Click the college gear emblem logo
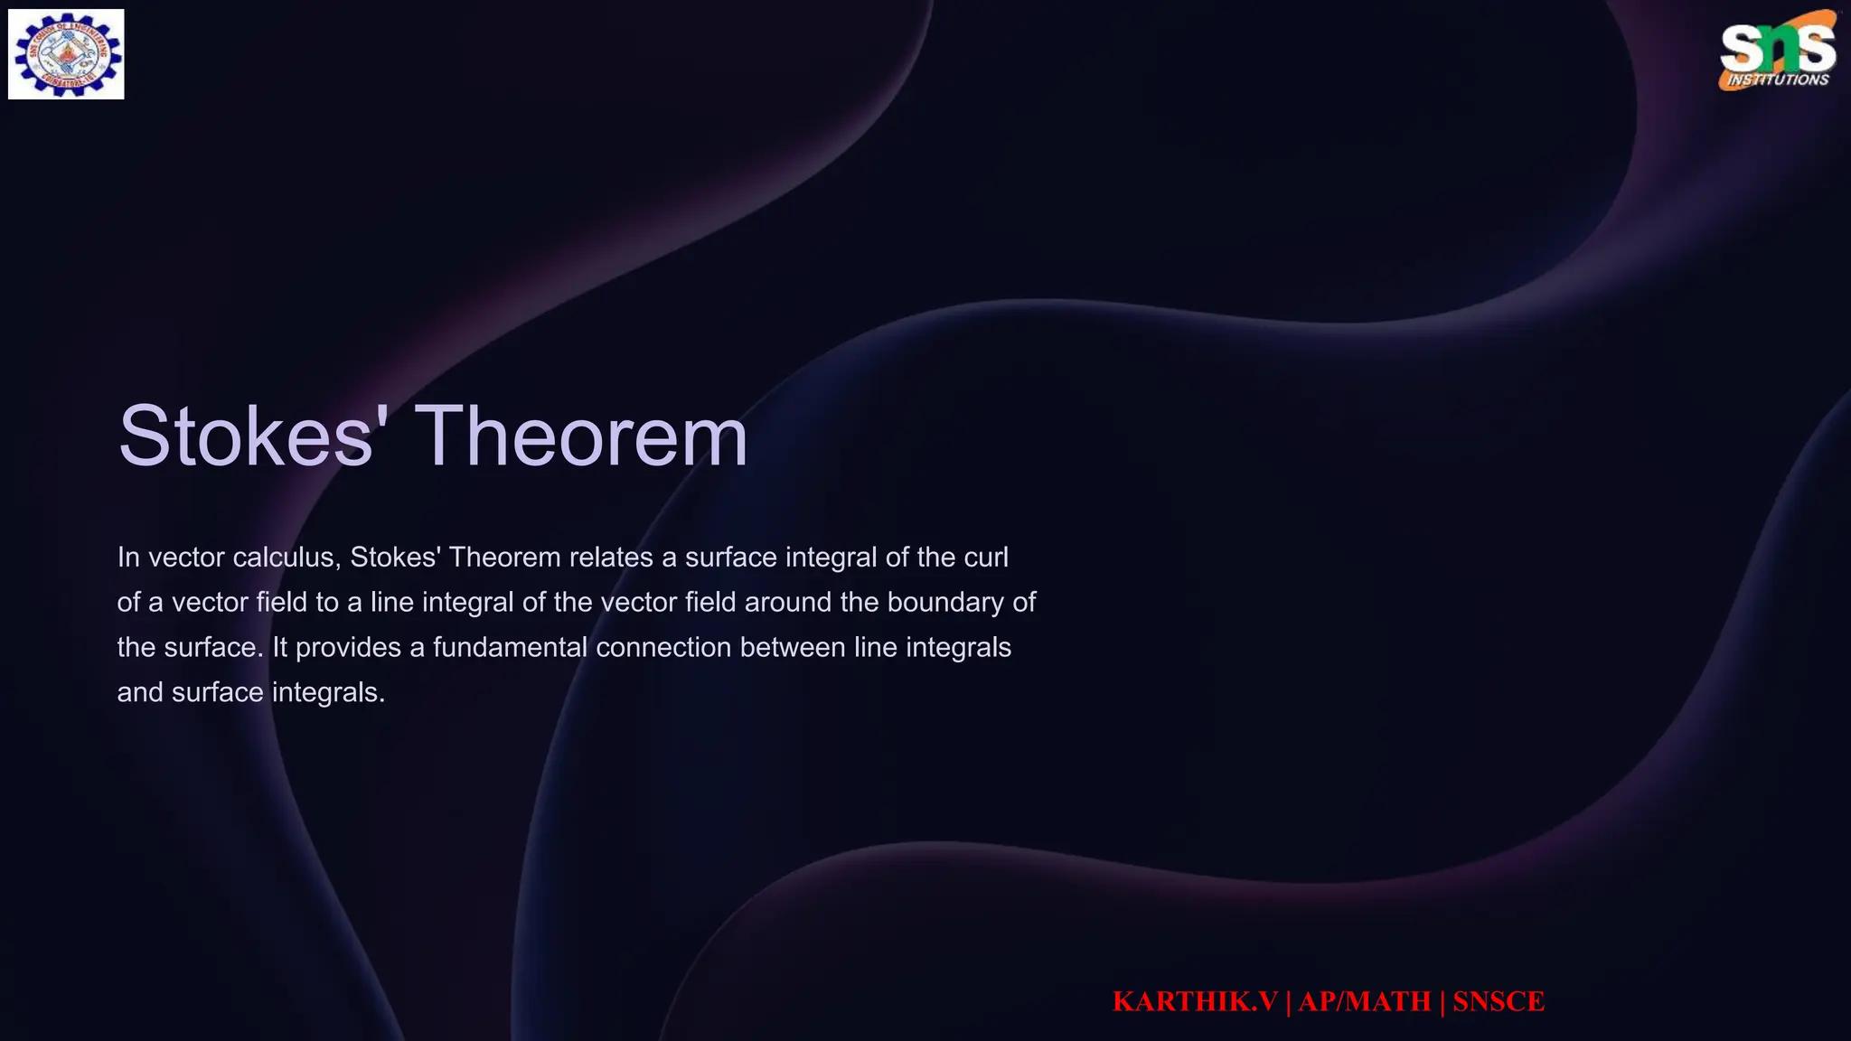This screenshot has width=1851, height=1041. point(66,54)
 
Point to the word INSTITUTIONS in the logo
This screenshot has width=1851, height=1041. point(1778,80)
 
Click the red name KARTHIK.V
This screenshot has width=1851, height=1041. point(1195,1001)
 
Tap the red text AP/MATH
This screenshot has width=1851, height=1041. point(1365,1001)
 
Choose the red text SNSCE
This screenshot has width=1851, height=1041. point(1499,1001)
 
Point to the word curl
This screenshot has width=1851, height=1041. point(986,558)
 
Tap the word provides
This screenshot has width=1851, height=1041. point(348,648)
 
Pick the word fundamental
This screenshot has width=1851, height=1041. point(510,648)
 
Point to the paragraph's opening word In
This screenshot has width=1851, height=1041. point(127,558)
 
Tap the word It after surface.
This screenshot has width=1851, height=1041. point(279,648)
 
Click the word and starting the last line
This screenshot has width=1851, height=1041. point(140,693)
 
